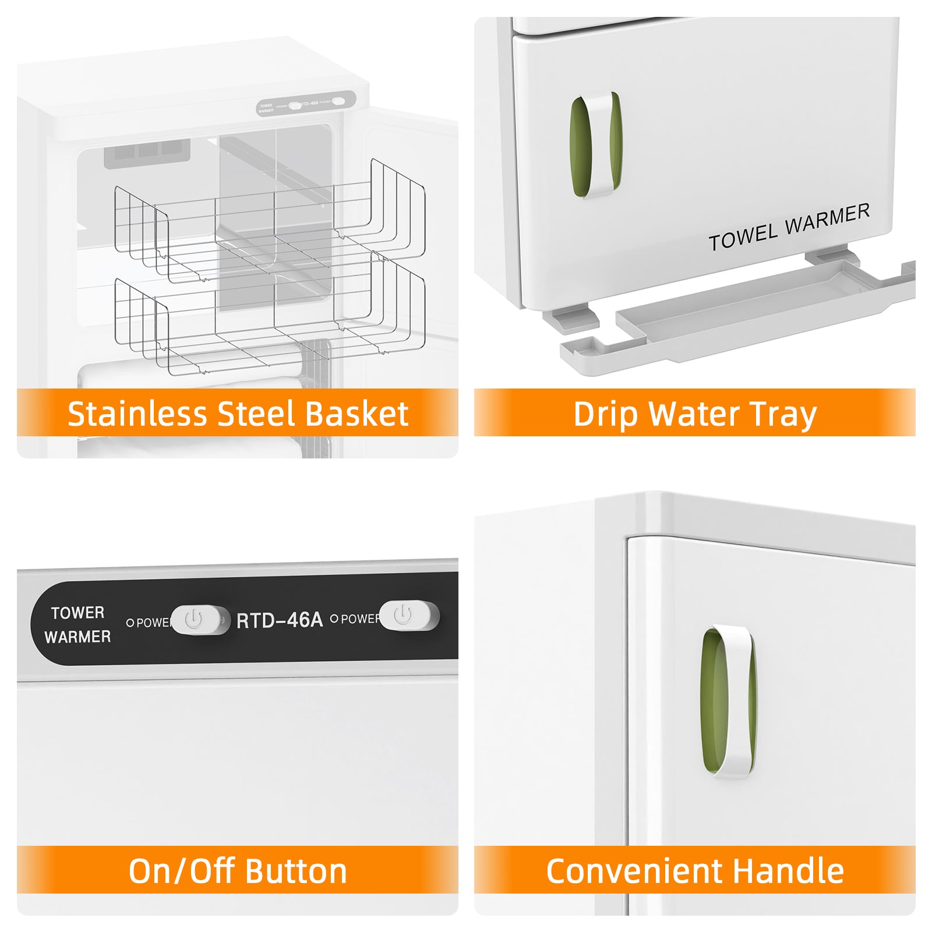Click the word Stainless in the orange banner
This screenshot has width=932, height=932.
pos(137,414)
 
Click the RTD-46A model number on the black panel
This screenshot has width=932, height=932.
pos(280,620)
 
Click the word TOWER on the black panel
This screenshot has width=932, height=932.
pos(77,613)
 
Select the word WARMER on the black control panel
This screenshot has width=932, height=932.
pos(77,637)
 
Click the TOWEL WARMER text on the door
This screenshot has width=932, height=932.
pos(789,227)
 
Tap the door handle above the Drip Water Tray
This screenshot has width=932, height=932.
pos(595,144)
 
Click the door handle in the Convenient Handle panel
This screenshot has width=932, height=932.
pos(729,701)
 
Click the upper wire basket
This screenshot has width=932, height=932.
pos(269,224)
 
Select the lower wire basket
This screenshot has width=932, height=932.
pos(269,320)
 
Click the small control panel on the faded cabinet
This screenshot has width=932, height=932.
pos(306,104)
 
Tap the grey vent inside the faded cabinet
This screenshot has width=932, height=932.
pos(147,153)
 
